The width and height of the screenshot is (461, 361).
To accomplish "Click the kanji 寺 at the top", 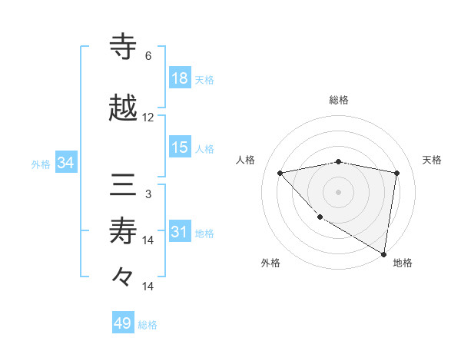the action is coord(124,47).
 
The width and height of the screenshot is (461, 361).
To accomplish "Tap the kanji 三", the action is coord(124,187).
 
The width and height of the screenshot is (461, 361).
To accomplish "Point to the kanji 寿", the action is coord(124,231).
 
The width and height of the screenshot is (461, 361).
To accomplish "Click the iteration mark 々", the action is coord(124,276).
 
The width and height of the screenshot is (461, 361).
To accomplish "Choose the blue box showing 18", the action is coord(180,78).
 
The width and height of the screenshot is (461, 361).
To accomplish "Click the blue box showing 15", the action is coord(180,147).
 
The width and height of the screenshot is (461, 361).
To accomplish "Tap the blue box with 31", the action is coord(180,232).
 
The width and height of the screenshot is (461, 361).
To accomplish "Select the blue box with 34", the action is coord(65,163).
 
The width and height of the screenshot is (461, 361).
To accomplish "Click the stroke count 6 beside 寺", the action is coord(148,56).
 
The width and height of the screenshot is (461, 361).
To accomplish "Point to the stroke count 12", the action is coord(148,118).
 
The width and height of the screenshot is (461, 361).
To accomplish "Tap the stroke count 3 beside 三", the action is coord(148,194).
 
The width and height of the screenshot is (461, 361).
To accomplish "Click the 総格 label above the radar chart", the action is coord(339,100).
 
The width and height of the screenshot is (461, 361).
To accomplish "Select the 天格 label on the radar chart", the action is coord(432,160).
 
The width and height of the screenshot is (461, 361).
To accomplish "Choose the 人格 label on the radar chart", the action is coord(245,160).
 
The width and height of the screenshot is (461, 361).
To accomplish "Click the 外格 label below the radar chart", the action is coord(270,263).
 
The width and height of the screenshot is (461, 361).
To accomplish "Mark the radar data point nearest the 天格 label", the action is coord(397,173).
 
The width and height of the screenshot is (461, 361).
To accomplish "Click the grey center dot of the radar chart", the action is coord(339,192).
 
